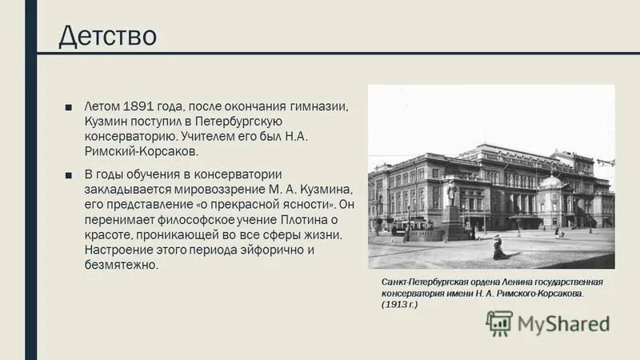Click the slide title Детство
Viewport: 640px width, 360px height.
107,36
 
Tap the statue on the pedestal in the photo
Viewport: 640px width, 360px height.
453,192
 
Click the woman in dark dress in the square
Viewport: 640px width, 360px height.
499,249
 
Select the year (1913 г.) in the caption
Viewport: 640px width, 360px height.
400,305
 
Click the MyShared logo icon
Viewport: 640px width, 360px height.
499,323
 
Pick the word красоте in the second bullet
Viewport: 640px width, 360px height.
113,234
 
